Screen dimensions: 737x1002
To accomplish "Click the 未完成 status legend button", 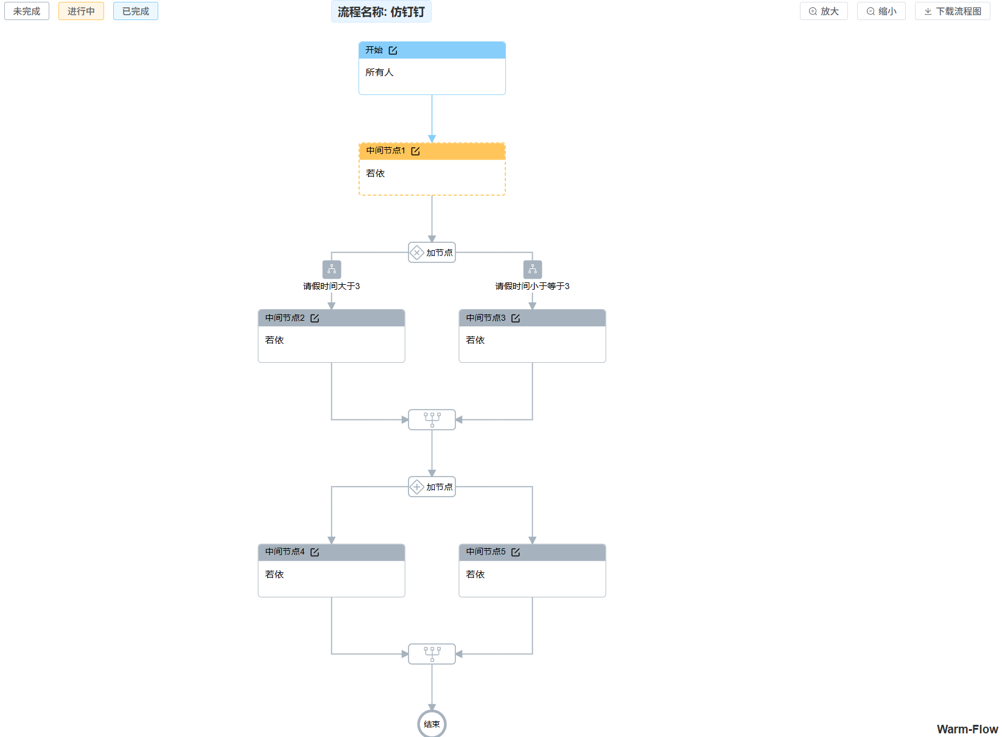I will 27,12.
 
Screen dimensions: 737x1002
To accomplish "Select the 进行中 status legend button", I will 81,12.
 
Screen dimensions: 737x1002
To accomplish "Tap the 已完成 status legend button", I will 135,12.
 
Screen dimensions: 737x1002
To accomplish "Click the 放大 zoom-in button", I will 823,12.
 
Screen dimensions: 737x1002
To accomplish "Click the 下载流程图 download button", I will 952,12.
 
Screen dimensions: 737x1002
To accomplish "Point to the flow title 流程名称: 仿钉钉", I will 381,12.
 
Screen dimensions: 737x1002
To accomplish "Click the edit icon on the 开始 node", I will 393,51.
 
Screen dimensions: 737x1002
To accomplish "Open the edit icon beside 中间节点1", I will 415,151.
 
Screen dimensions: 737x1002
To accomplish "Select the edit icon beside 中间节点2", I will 315,318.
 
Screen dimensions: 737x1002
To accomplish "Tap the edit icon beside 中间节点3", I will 516,318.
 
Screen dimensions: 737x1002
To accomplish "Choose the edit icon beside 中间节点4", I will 315,552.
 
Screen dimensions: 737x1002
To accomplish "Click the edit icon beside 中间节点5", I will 516,552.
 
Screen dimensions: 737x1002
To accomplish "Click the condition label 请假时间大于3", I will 332,286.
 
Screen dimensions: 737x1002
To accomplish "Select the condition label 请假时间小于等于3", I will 532,286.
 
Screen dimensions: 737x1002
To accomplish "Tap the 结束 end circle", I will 432,724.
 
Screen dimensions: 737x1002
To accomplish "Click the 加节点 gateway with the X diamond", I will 432,253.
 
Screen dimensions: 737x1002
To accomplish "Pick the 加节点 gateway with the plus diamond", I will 432,487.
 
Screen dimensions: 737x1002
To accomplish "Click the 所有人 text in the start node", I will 379,72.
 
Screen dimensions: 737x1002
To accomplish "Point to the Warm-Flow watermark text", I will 967,729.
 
